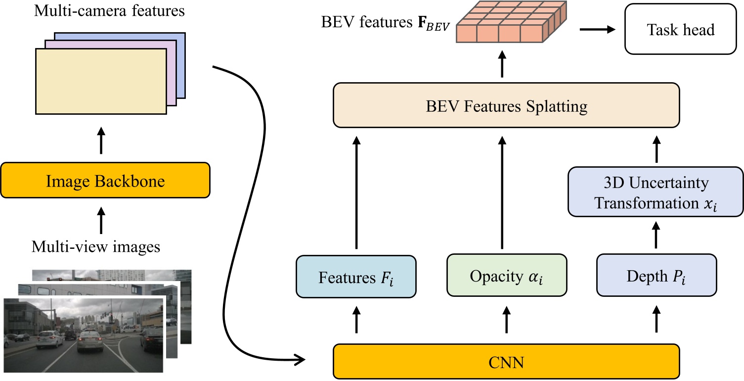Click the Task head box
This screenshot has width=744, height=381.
point(681,29)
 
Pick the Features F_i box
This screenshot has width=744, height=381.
point(355,276)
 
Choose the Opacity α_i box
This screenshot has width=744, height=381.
point(506,276)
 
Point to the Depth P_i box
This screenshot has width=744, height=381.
point(656,276)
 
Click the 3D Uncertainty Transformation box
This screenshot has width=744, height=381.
point(656,192)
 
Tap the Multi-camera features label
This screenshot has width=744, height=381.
point(109,11)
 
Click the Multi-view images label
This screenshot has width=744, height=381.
point(96,246)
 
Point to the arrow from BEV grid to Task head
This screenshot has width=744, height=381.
point(597,29)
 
